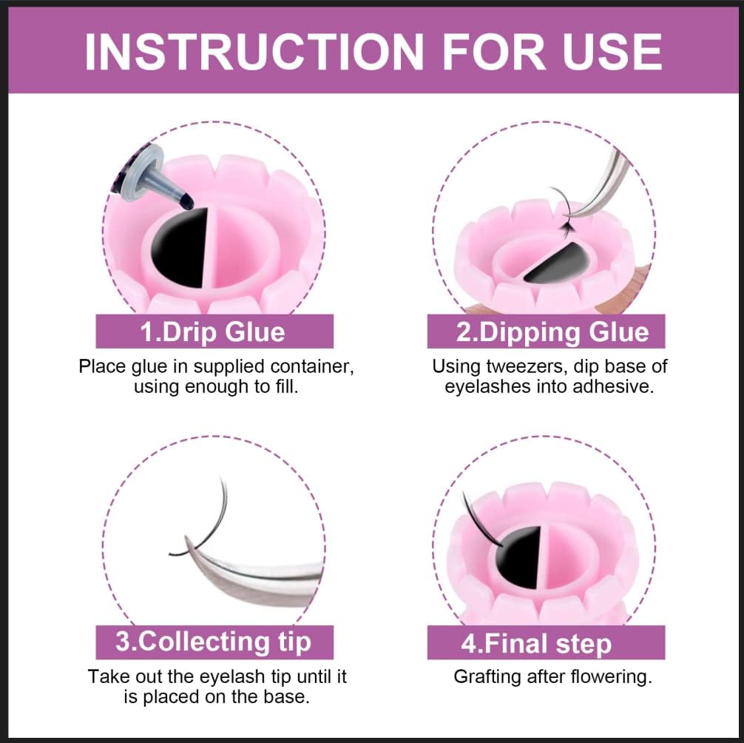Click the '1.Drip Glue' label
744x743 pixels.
[x=214, y=331]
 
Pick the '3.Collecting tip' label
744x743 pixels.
[x=214, y=642]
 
